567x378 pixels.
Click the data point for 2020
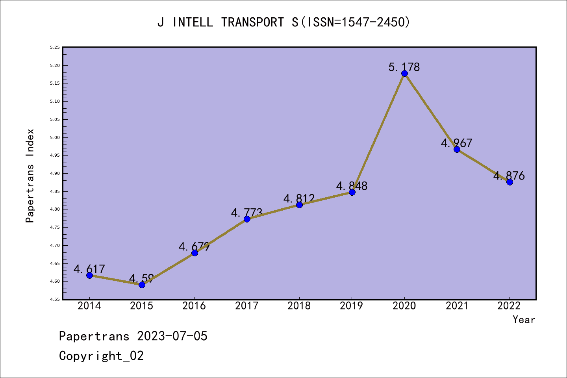[x=404, y=74]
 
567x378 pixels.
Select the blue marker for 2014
[x=89, y=275]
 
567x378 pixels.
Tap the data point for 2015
[x=142, y=285]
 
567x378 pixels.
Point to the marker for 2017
[x=247, y=219]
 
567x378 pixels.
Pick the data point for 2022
[x=510, y=182]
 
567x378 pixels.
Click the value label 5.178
[x=404, y=67]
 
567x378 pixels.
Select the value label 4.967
[x=456, y=143]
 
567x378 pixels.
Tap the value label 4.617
[x=89, y=269]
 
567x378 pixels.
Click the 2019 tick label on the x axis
[x=352, y=306]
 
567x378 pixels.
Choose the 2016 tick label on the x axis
[x=194, y=306]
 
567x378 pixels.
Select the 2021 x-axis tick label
[x=457, y=306]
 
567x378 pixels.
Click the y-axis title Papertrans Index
[x=30, y=176]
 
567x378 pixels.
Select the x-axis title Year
[x=524, y=320]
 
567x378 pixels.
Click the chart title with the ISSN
[x=283, y=22]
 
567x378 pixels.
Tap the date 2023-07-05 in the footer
[x=172, y=336]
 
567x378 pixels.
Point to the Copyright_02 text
[x=101, y=356]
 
